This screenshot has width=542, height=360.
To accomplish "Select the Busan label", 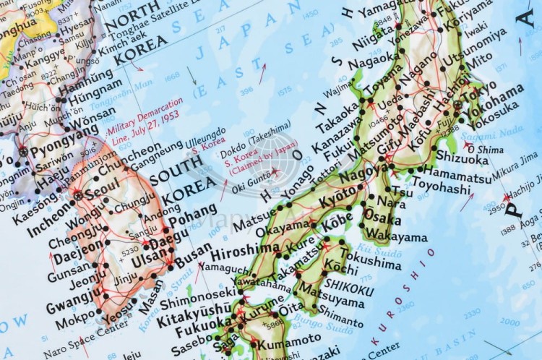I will pos(189,258).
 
